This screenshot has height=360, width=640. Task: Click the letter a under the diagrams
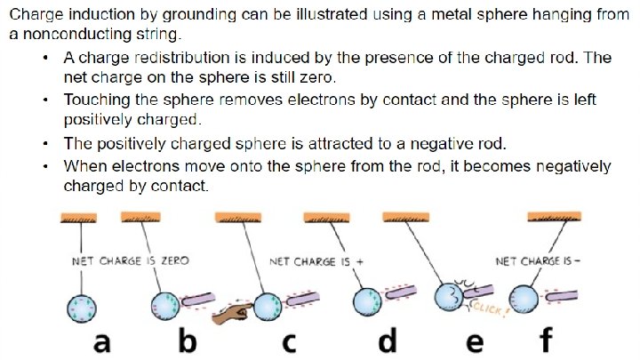tap(102, 340)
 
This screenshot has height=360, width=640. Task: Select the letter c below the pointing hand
tap(288, 340)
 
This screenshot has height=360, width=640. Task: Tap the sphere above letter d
tap(366, 300)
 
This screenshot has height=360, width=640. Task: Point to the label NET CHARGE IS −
tap(537, 261)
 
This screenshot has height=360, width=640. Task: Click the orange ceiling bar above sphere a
tap(83, 217)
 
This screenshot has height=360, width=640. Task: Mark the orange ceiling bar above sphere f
tap(553, 217)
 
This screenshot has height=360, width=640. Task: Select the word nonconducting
tap(65, 35)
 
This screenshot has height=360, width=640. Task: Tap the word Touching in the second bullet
tap(94, 100)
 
